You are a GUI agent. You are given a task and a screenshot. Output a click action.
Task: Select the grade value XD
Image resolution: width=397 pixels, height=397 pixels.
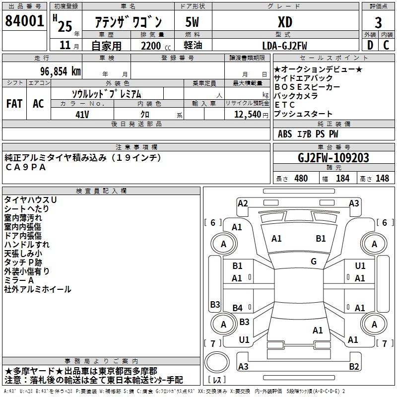point(284,22)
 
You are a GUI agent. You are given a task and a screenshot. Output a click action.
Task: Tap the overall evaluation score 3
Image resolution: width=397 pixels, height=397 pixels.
point(378,22)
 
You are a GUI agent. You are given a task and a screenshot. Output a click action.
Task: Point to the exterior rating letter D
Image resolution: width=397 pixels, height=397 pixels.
point(370,45)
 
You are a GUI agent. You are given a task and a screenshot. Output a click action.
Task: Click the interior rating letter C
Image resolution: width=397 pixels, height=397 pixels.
point(386,45)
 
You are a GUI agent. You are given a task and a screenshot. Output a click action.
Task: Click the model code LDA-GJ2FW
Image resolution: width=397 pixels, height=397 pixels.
point(284,46)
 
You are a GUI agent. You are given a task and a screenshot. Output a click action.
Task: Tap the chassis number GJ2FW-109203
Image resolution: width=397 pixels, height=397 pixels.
point(333,158)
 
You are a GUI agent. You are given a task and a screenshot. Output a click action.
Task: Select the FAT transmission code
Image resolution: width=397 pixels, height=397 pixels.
point(14,104)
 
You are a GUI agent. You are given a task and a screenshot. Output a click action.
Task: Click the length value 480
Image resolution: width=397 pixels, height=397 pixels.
point(301,178)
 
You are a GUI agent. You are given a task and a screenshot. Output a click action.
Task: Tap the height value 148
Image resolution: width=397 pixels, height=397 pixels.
point(382,178)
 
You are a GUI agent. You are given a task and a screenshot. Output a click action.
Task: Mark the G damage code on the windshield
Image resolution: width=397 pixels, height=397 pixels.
point(314,262)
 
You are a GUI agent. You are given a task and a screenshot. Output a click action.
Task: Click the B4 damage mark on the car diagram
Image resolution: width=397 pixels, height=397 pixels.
point(238,308)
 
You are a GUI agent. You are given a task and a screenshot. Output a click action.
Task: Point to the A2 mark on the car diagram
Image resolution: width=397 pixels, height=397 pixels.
point(243,203)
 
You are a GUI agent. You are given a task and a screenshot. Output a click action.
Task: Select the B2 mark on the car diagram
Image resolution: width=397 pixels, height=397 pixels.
point(354,367)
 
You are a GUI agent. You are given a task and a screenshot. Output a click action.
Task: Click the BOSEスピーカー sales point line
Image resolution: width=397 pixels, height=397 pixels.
point(307,87)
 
